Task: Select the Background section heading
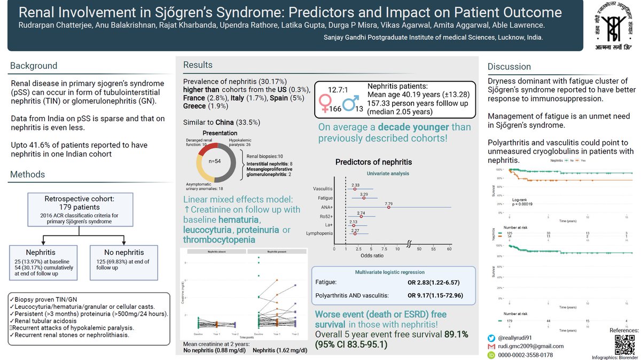[34, 66]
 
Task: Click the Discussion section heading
[509, 67]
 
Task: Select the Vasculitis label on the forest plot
[322, 189]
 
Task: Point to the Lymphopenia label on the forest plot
[319, 233]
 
